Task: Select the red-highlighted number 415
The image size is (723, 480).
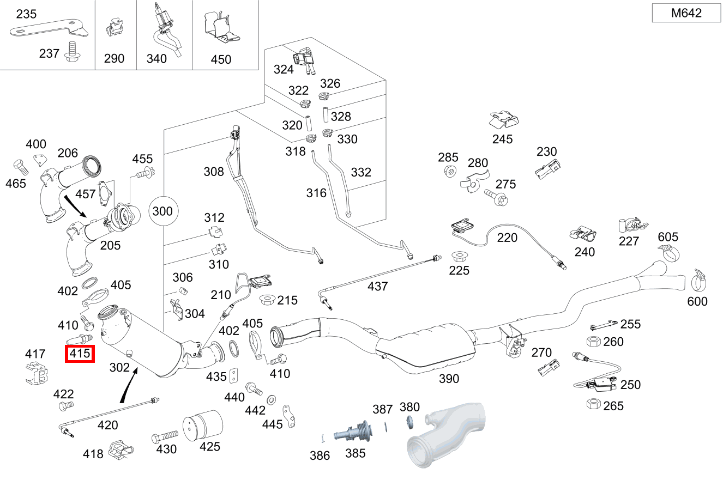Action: [x=80, y=354]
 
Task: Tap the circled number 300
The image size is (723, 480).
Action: [x=162, y=211]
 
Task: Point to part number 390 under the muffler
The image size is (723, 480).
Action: [x=449, y=378]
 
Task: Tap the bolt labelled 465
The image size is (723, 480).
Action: [x=19, y=166]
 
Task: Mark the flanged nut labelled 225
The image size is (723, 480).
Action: [x=459, y=256]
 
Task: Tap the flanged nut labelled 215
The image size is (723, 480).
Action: [x=268, y=300]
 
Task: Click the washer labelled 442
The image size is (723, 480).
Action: [x=271, y=400]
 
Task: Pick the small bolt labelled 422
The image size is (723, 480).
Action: [x=64, y=405]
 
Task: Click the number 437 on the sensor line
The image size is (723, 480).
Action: [x=377, y=286]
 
